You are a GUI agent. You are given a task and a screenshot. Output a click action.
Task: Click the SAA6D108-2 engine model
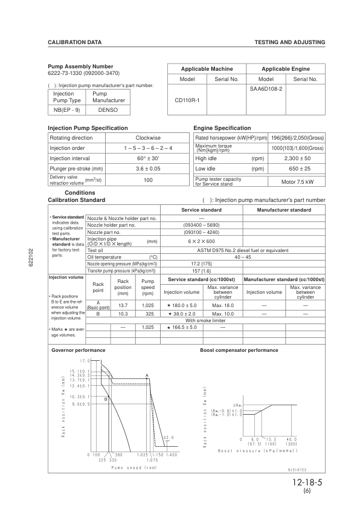[x=266, y=88]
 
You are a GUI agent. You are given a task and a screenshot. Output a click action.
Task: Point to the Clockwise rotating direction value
[x=147, y=138]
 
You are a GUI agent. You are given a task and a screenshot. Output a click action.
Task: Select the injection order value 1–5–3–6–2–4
[x=147, y=148]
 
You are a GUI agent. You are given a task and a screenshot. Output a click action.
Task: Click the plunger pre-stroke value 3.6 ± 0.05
[x=147, y=169]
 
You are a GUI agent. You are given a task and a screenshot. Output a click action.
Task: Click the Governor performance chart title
[x=79, y=350]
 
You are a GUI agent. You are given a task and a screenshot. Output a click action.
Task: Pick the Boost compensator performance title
[x=239, y=350]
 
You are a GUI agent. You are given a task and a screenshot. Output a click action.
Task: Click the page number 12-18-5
[x=306, y=483]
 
